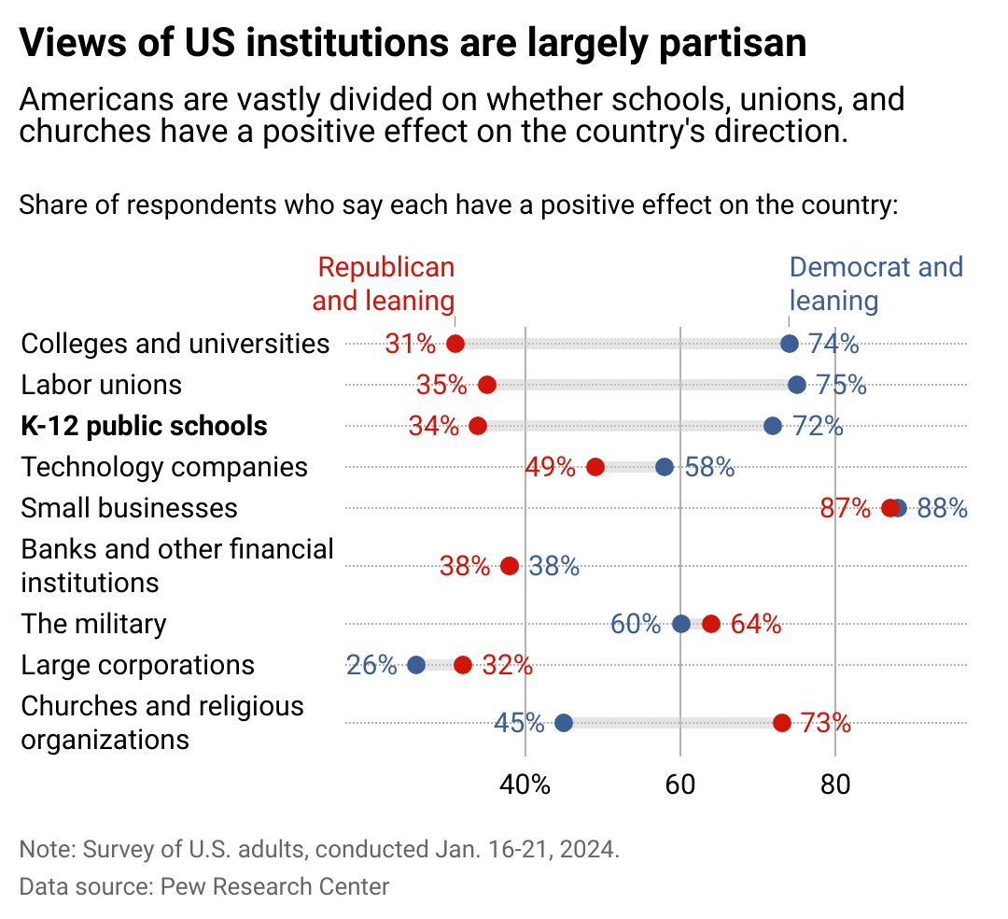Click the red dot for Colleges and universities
(455, 344)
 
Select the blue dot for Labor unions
(796, 385)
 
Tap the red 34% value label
(434, 427)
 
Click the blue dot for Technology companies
(665, 467)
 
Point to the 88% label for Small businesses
(942, 509)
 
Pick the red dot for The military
(711, 624)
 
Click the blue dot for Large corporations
(416, 665)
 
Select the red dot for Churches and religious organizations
(781, 723)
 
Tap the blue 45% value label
(519, 724)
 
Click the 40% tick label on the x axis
(525, 785)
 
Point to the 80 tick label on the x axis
(835, 785)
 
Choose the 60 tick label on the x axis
(680, 785)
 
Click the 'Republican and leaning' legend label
(385, 284)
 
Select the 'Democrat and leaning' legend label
(875, 284)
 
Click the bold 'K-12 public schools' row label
(144, 427)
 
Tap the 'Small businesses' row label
(129, 508)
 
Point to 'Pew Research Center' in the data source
(274, 886)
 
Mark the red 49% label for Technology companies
(550, 468)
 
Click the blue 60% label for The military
(636, 625)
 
